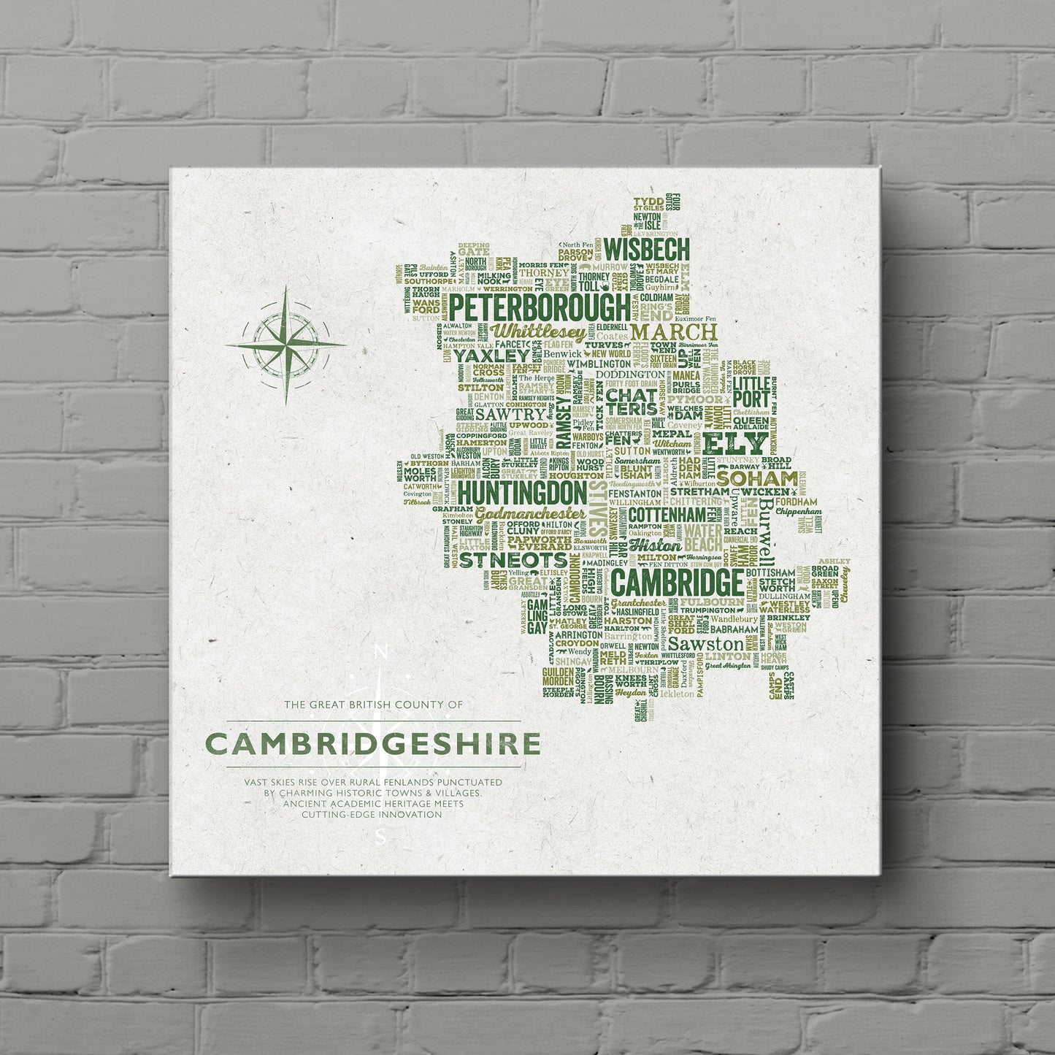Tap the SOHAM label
[757, 478]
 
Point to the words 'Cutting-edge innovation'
[373, 814]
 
